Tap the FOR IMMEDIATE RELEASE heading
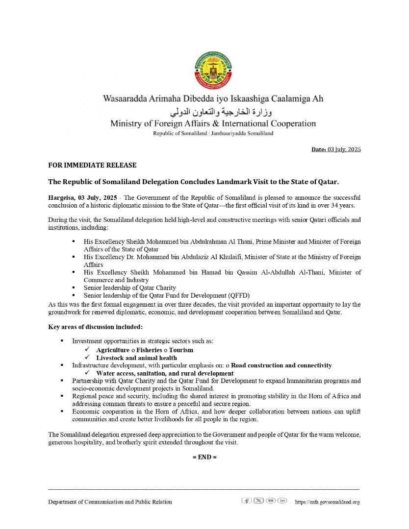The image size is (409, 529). click(x=92, y=165)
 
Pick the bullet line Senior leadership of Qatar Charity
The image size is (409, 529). click(x=129, y=288)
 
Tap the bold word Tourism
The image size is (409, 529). click(x=181, y=350)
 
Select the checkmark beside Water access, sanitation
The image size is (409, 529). click(x=87, y=373)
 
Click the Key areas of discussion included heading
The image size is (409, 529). click(x=96, y=327)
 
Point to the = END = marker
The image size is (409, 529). click(x=204, y=457)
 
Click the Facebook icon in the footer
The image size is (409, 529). click(x=247, y=500)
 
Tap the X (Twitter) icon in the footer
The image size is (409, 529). click(x=258, y=500)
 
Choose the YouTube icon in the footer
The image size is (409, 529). click(x=270, y=500)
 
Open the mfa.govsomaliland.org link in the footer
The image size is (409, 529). click(x=327, y=502)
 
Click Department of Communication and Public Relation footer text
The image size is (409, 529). click(x=110, y=502)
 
